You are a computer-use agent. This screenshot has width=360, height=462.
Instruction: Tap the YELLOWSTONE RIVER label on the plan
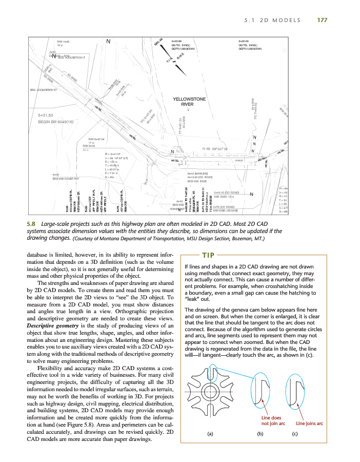[x=190, y=102]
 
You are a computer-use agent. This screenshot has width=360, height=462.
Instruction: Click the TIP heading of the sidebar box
[x=209, y=255]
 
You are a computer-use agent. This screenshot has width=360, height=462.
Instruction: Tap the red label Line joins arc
[x=309, y=423]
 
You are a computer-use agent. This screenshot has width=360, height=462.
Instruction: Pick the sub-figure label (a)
[x=210, y=434]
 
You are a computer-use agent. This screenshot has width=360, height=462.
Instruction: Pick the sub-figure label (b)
[x=260, y=434]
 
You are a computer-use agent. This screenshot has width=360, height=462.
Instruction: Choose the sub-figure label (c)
[x=295, y=434]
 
